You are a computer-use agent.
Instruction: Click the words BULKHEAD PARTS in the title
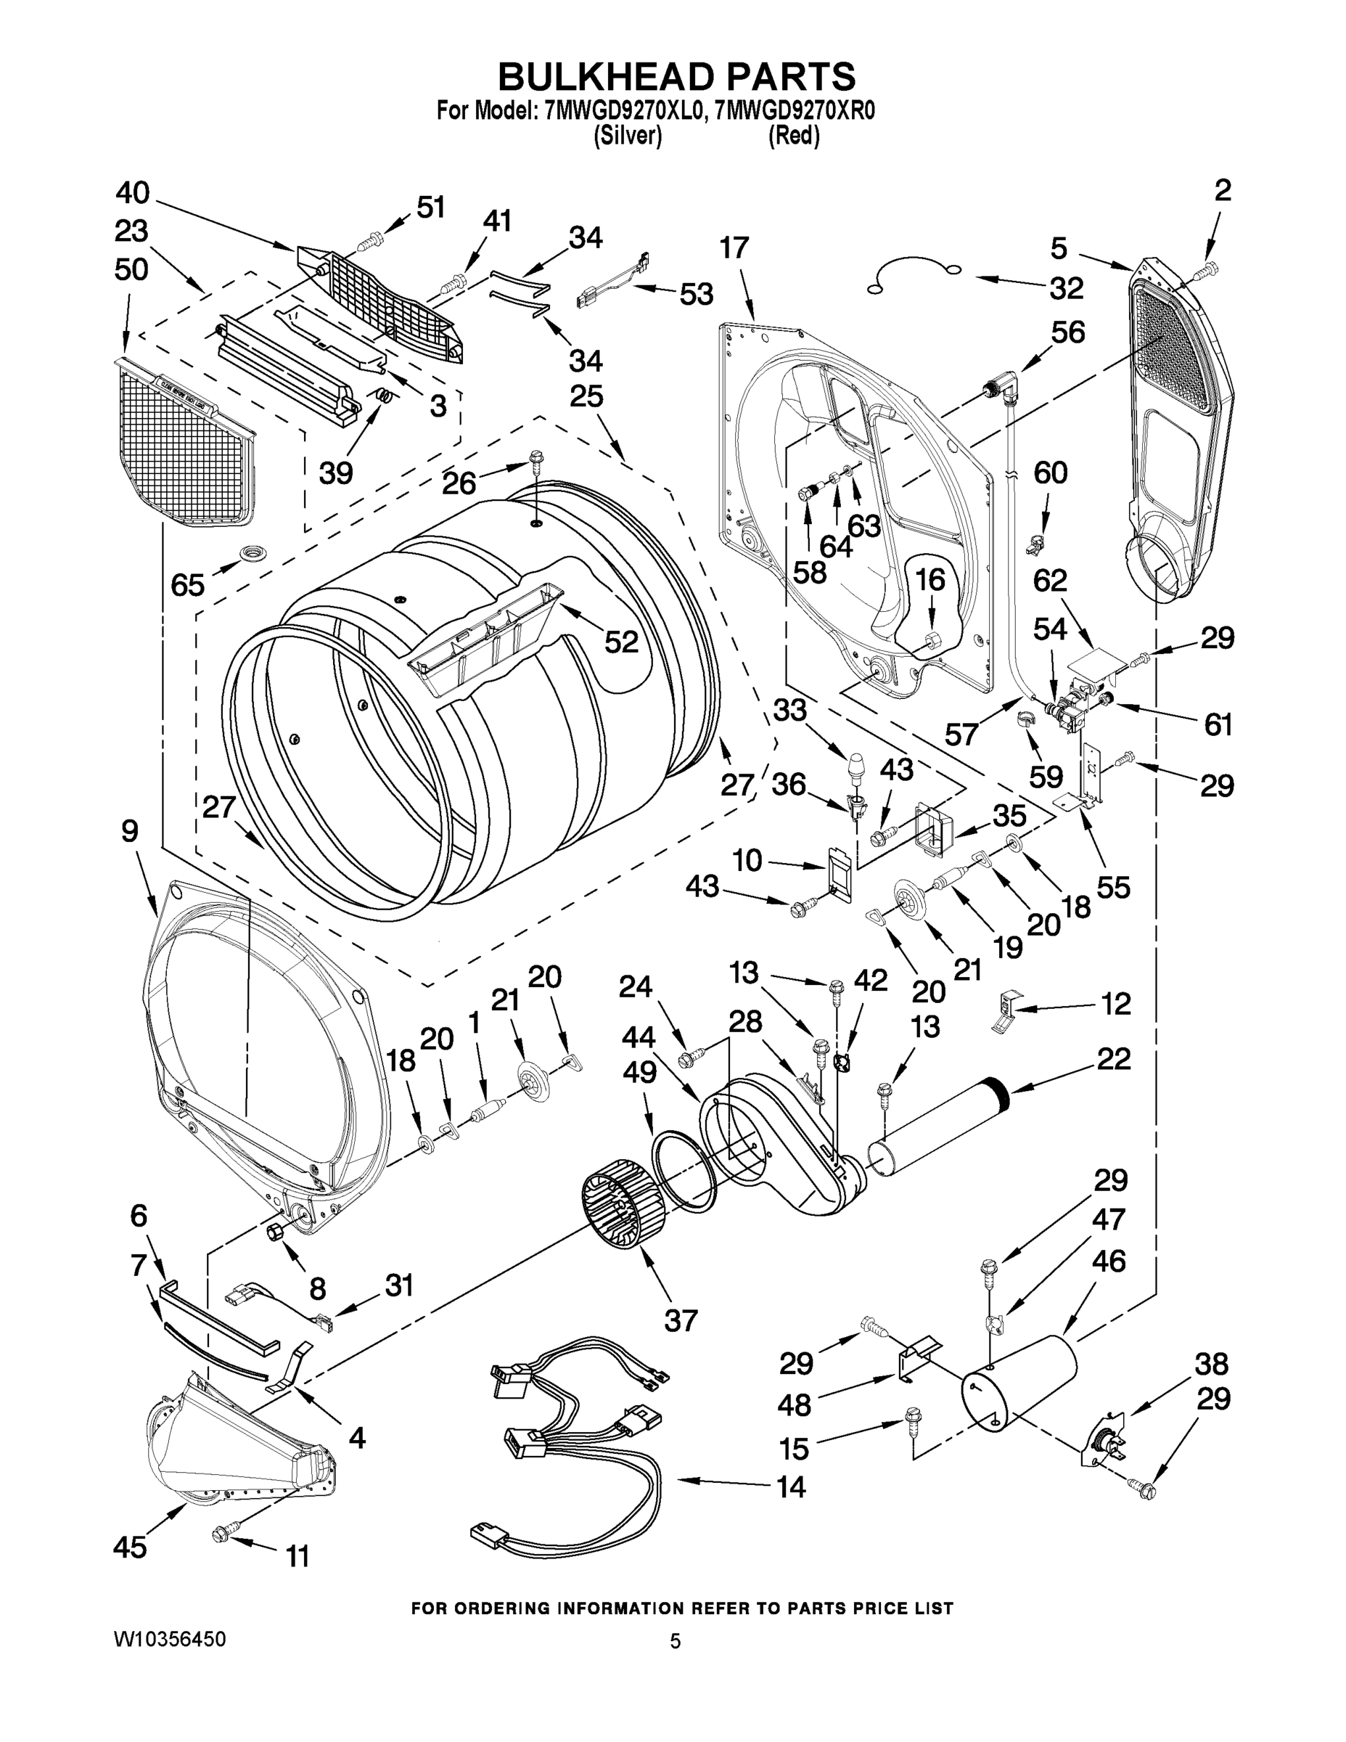pos(676,78)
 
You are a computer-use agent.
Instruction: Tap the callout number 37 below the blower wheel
pos(680,1320)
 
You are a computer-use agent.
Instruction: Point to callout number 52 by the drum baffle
pos(621,642)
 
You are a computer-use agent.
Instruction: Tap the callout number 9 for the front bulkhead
pos(129,831)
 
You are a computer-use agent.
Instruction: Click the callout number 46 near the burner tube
pos(1109,1261)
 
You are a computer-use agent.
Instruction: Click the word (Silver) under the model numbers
pos(628,136)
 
